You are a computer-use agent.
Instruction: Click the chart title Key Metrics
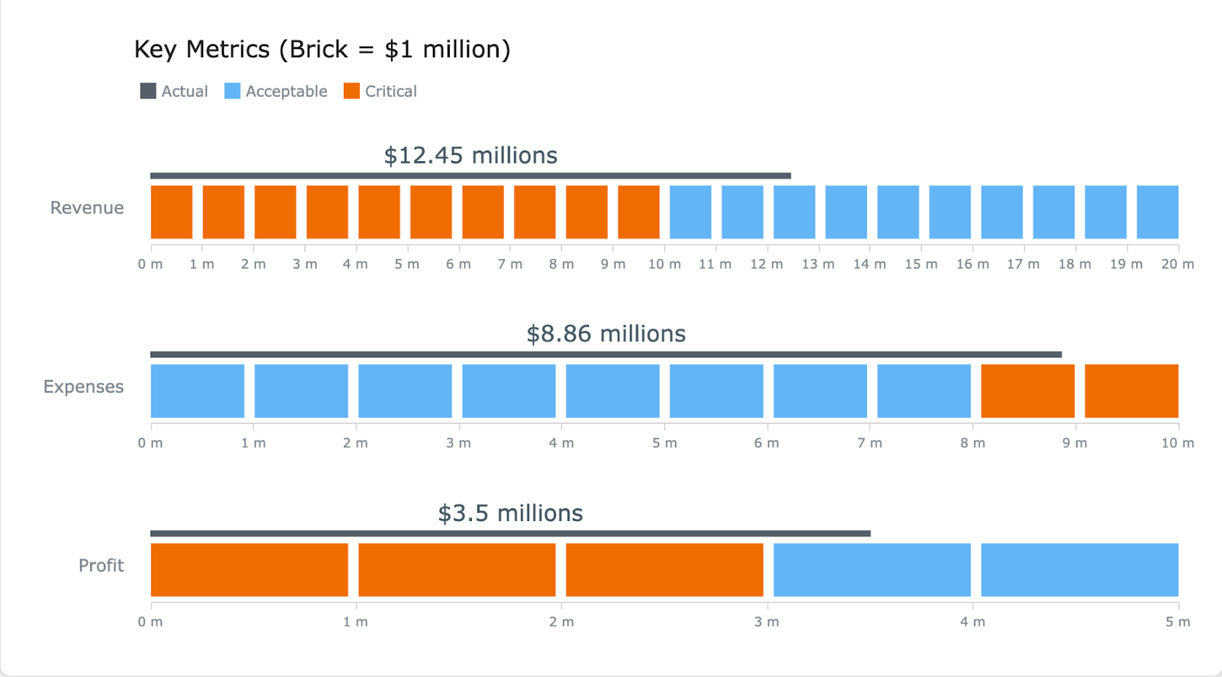coord(322,50)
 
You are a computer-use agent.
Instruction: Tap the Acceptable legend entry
coord(276,92)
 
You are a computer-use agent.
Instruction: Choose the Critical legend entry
coord(380,92)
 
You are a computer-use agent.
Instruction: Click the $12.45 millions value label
coord(470,156)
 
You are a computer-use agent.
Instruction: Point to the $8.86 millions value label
coord(606,334)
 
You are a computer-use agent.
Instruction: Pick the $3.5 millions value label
coord(510,513)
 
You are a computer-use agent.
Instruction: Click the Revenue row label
coord(87,208)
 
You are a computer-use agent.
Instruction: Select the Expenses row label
coord(83,387)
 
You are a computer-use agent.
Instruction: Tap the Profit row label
coord(101,565)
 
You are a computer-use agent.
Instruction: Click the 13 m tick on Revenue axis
coord(818,264)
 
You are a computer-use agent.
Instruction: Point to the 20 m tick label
coord(1177,264)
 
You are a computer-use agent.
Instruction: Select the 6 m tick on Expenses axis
coord(766,443)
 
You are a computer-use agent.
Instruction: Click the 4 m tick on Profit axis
coord(972,622)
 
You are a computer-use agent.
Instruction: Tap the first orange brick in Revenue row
coord(172,212)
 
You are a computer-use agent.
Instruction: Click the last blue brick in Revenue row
coord(1157,212)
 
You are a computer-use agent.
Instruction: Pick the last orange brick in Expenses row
coord(1131,391)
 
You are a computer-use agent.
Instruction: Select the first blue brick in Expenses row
coord(198,391)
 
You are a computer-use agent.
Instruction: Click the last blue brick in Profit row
coord(1079,570)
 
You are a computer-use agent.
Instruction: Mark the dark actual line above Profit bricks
coord(510,533)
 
